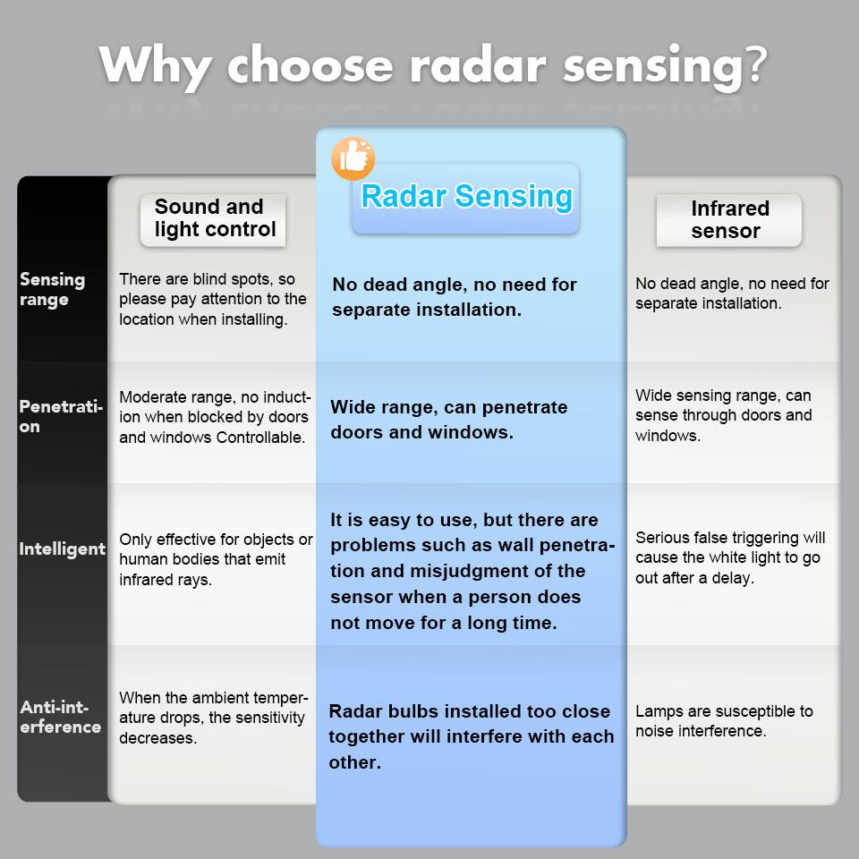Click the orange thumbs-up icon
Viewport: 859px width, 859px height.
tap(353, 158)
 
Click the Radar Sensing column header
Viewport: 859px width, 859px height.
tap(466, 198)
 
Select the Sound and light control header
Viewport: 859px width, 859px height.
tap(214, 218)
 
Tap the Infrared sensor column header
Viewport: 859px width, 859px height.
tap(728, 219)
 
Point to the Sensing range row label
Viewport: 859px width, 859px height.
tap(53, 290)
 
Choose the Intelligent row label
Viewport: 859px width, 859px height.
tap(63, 549)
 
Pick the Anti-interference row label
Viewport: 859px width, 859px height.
tap(61, 718)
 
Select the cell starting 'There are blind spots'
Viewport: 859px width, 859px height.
tap(213, 300)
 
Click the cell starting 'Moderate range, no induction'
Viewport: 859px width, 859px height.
tap(215, 417)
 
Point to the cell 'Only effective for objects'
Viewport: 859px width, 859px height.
tap(216, 559)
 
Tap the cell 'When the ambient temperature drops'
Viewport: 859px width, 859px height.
tap(213, 718)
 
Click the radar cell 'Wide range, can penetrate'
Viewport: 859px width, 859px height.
tap(449, 420)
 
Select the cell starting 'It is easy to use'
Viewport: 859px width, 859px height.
tap(472, 572)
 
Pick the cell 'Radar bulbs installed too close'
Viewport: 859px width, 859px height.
tap(472, 736)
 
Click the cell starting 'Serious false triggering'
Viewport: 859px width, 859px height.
tap(730, 557)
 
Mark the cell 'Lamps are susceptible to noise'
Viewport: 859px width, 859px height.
tap(724, 721)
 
